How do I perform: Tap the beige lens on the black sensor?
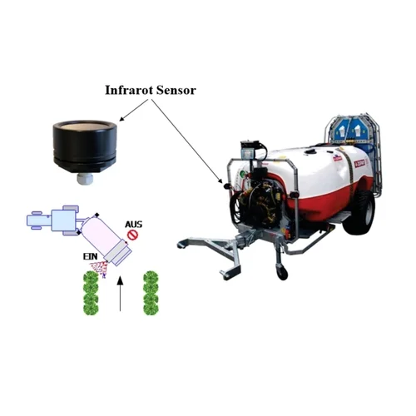coord(85,127)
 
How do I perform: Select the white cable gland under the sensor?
coord(84,179)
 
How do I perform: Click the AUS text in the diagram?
coord(134,224)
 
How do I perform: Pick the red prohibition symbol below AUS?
coord(132,235)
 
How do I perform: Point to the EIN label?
coord(91,256)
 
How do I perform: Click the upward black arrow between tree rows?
coord(120,294)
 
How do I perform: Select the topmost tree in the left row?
coord(91,279)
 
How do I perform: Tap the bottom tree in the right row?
coord(151,308)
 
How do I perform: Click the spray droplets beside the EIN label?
coord(99,269)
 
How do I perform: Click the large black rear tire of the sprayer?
coord(359,210)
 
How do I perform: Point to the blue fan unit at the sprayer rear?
coord(352,131)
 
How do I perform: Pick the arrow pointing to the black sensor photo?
coord(134,110)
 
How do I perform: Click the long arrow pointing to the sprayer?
coord(187,141)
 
